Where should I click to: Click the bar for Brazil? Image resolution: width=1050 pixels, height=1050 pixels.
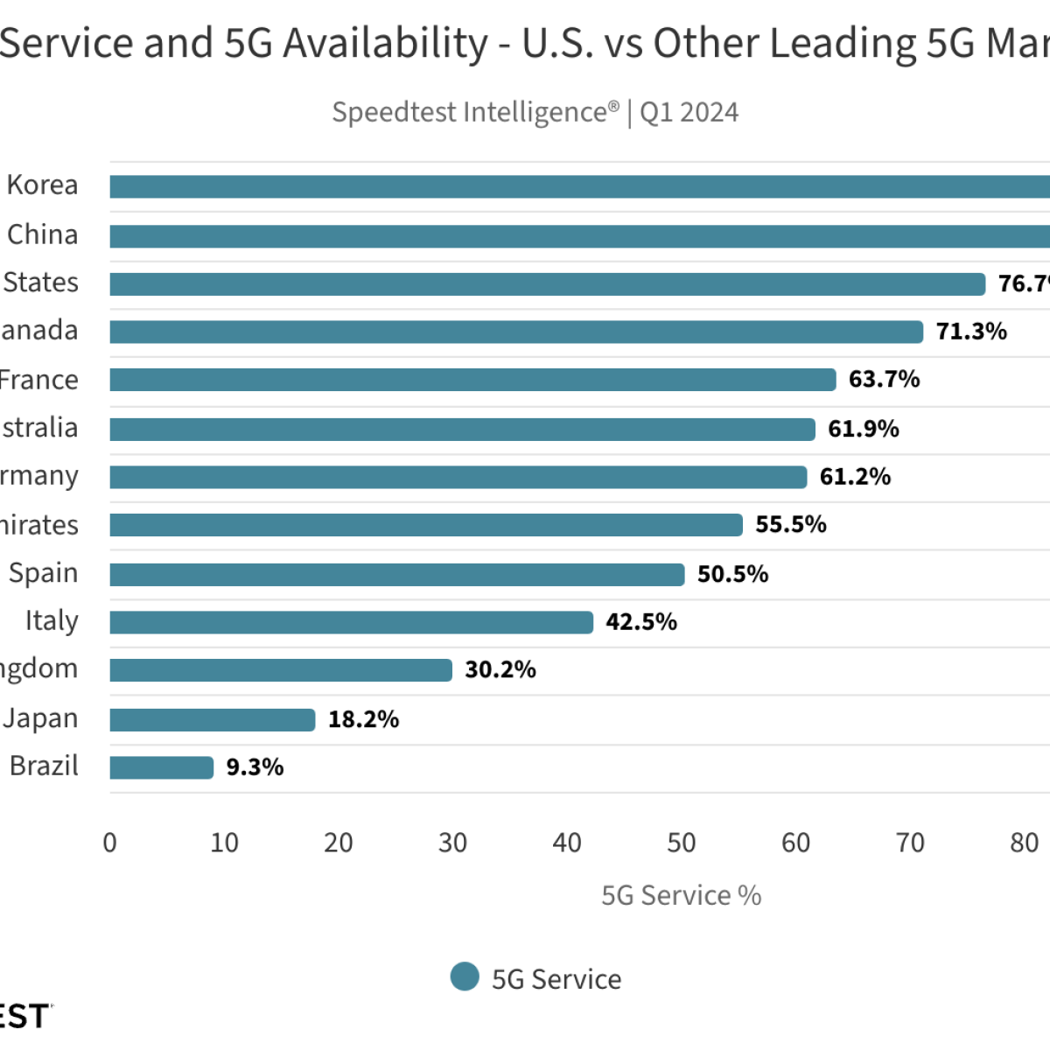(x=162, y=767)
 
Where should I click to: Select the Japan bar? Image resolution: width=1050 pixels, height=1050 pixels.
(x=213, y=719)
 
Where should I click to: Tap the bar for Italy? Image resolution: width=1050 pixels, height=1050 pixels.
(x=352, y=622)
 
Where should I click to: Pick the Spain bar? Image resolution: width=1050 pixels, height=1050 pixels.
(x=397, y=574)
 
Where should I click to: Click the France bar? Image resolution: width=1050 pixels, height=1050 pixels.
(x=472, y=380)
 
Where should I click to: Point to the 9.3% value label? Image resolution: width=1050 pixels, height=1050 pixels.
(x=255, y=767)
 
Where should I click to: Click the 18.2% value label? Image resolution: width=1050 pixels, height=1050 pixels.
(x=363, y=719)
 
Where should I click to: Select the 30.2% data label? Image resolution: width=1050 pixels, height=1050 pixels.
(x=500, y=670)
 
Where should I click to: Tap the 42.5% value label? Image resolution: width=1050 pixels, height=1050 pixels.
(x=641, y=622)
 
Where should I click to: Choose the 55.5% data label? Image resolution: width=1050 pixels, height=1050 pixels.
(x=791, y=525)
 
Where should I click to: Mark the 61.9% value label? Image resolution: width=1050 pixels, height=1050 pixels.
(x=864, y=429)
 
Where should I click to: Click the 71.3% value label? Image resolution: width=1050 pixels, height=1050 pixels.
(x=971, y=332)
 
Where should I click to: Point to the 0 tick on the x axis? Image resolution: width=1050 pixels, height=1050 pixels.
(x=110, y=843)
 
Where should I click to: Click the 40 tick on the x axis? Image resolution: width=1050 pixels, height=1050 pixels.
(x=567, y=843)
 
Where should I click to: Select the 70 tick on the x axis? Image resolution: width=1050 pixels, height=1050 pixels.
(x=910, y=843)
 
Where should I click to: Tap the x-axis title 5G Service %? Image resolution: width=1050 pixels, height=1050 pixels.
(x=681, y=895)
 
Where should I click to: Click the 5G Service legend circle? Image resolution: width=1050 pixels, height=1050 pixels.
(x=465, y=977)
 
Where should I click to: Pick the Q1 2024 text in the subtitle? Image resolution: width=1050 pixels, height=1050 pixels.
(x=689, y=113)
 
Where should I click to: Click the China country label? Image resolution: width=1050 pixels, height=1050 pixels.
(x=43, y=234)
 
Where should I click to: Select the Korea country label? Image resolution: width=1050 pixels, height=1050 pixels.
(x=42, y=185)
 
